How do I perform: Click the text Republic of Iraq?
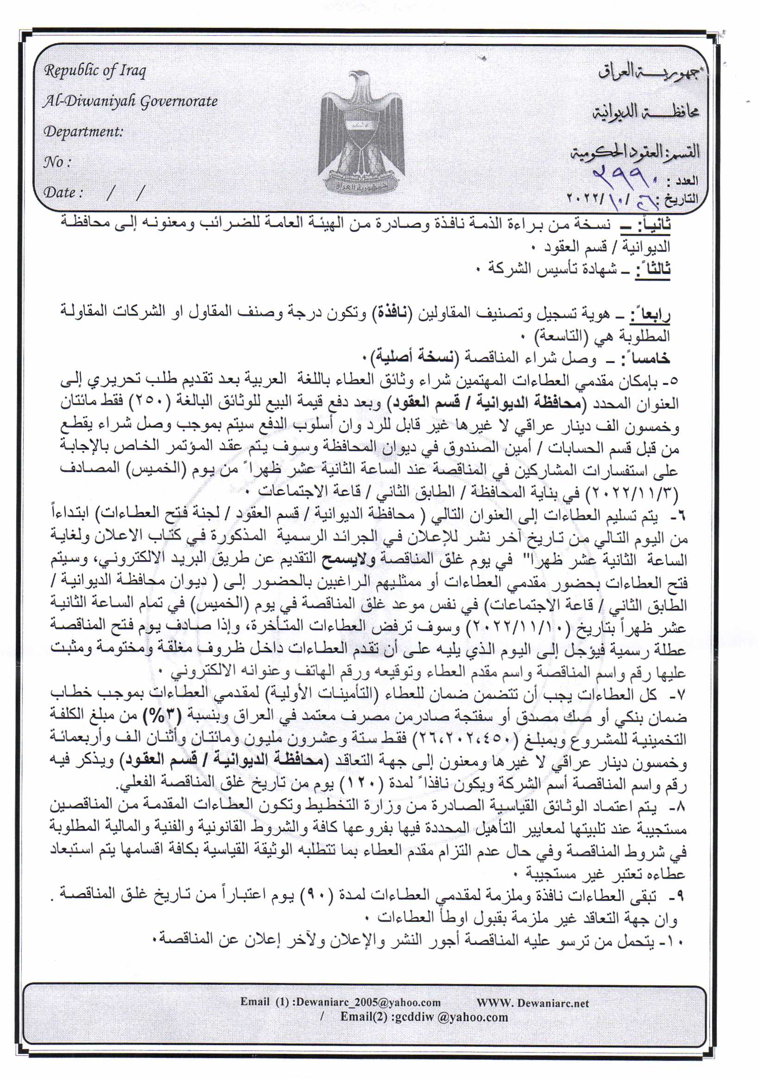pos(95,71)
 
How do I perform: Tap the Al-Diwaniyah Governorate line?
pos(130,102)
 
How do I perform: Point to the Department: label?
pos(83,132)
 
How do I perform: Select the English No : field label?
pos(57,162)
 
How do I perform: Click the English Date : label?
pos(63,192)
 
